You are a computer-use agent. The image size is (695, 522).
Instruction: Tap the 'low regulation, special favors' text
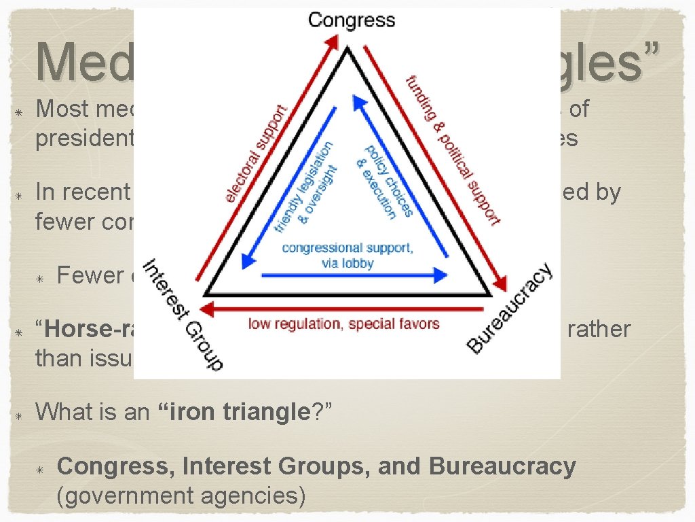click(x=343, y=324)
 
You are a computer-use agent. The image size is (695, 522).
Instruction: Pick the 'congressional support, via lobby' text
click(x=347, y=255)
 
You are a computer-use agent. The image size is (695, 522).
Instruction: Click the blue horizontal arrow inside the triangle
click(x=353, y=275)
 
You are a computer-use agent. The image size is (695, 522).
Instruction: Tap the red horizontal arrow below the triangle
click(x=346, y=308)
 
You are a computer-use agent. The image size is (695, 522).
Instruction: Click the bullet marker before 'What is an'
click(x=20, y=413)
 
